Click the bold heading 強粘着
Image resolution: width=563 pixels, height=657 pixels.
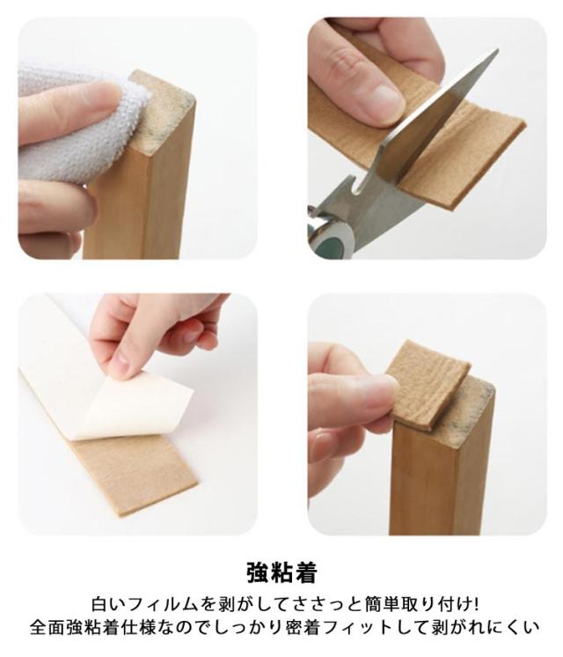click(281, 572)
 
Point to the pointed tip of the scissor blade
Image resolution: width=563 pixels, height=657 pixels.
click(498, 50)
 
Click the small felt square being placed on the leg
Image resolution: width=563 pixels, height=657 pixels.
click(427, 382)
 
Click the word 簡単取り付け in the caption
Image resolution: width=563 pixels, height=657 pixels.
click(418, 605)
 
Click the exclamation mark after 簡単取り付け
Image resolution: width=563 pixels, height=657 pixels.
click(476, 605)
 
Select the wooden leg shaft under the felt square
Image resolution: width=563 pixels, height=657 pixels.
click(440, 477)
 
